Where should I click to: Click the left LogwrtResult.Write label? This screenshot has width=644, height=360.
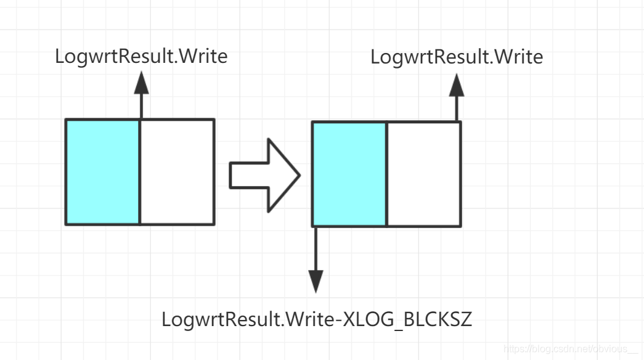tap(141, 56)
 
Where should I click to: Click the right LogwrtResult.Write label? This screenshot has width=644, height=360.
tap(457, 57)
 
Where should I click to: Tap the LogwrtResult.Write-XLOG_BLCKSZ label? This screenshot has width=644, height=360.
tap(316, 319)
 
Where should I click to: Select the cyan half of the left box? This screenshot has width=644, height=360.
tap(103, 172)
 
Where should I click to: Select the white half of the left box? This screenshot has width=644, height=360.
tap(177, 172)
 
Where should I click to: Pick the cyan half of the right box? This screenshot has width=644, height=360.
tap(349, 174)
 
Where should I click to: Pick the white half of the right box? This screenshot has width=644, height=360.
tap(423, 174)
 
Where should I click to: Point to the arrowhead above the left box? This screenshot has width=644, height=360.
tap(141, 82)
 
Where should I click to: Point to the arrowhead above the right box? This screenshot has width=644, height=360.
tap(457, 84)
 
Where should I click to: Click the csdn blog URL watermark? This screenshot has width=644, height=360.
tap(571, 349)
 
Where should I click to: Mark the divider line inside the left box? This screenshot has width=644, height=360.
tap(140, 172)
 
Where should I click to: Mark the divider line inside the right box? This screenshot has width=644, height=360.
tap(386, 174)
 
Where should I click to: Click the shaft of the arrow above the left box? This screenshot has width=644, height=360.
tap(141, 105)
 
